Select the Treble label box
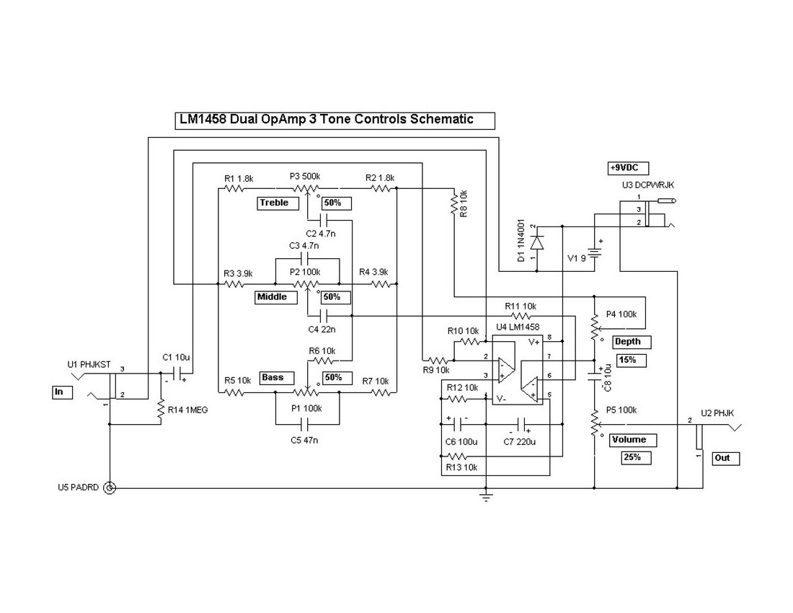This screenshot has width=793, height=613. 273,203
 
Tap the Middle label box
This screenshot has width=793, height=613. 272,297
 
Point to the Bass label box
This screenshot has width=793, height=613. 273,378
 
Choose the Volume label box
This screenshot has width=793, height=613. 629,440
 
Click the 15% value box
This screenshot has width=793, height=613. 632,360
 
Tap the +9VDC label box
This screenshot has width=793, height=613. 627,168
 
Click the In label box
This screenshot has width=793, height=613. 62,392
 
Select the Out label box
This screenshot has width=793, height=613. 725,458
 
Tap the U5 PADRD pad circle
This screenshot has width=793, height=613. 110,488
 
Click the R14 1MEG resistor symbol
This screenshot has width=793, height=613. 161,411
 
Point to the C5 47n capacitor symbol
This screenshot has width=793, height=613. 309,425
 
